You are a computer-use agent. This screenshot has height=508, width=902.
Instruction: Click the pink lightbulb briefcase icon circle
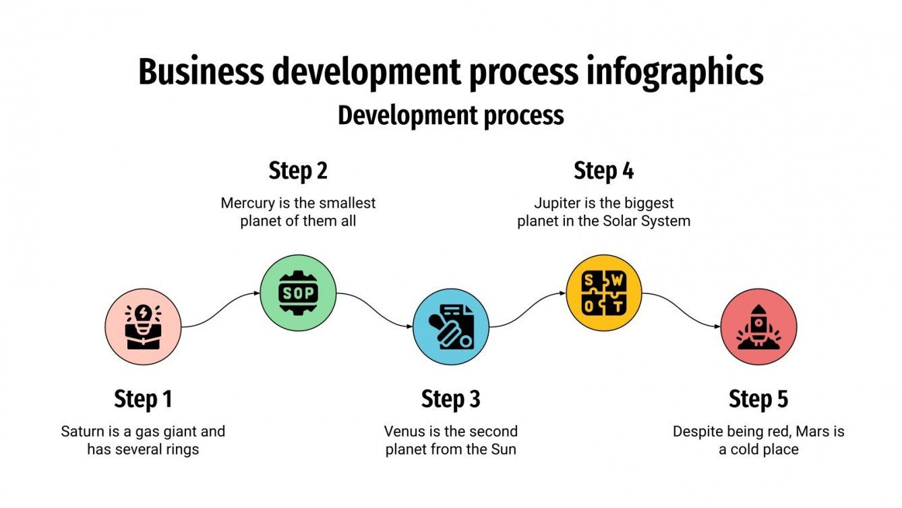(x=144, y=327)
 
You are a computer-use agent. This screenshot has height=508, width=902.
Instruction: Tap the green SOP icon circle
(x=298, y=293)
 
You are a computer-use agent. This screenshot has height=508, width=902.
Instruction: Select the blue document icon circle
(x=451, y=327)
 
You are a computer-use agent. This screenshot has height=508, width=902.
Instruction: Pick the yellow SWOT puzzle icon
(x=604, y=293)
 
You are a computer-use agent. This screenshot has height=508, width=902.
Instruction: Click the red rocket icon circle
(x=758, y=327)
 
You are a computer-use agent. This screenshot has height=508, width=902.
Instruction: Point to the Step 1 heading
(x=143, y=399)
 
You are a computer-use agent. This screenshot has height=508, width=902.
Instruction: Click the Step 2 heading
(x=298, y=171)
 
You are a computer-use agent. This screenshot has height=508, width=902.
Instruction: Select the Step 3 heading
(x=451, y=399)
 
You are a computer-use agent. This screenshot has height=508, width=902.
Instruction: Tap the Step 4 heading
(x=604, y=171)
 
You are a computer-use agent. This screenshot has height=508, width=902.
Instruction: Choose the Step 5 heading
(x=758, y=399)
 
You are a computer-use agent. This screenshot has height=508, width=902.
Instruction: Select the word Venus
(x=402, y=431)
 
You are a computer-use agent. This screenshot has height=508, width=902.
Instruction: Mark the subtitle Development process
(x=451, y=115)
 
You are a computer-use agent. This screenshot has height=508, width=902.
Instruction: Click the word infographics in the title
(x=674, y=72)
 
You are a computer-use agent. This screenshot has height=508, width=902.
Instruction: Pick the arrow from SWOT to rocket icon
(x=681, y=310)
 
